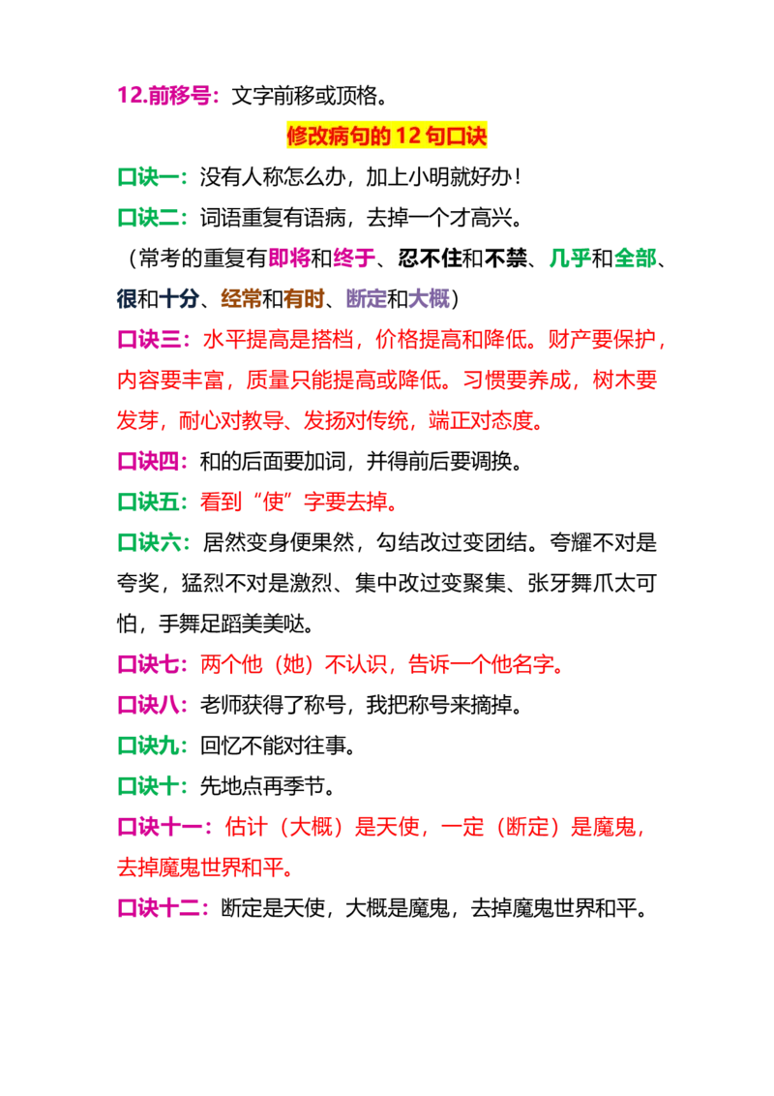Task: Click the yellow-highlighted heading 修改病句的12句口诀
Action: point(386,136)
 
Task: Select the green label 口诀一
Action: point(148,177)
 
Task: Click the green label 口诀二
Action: point(148,218)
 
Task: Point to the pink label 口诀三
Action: point(148,339)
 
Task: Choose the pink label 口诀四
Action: point(148,461)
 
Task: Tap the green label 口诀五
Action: point(148,502)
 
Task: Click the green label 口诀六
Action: point(148,542)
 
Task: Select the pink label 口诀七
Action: point(148,664)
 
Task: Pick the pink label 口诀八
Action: point(148,705)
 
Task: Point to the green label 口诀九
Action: point(148,746)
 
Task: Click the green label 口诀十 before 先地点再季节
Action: point(148,786)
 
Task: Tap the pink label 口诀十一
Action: point(159,827)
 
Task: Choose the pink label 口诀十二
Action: point(159,908)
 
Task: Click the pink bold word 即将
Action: point(289,258)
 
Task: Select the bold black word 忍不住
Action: point(431,258)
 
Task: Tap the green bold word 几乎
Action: point(570,258)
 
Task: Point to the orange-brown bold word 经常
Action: point(241,298)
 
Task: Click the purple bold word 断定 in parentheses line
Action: point(366,298)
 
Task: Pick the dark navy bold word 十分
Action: point(180,298)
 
